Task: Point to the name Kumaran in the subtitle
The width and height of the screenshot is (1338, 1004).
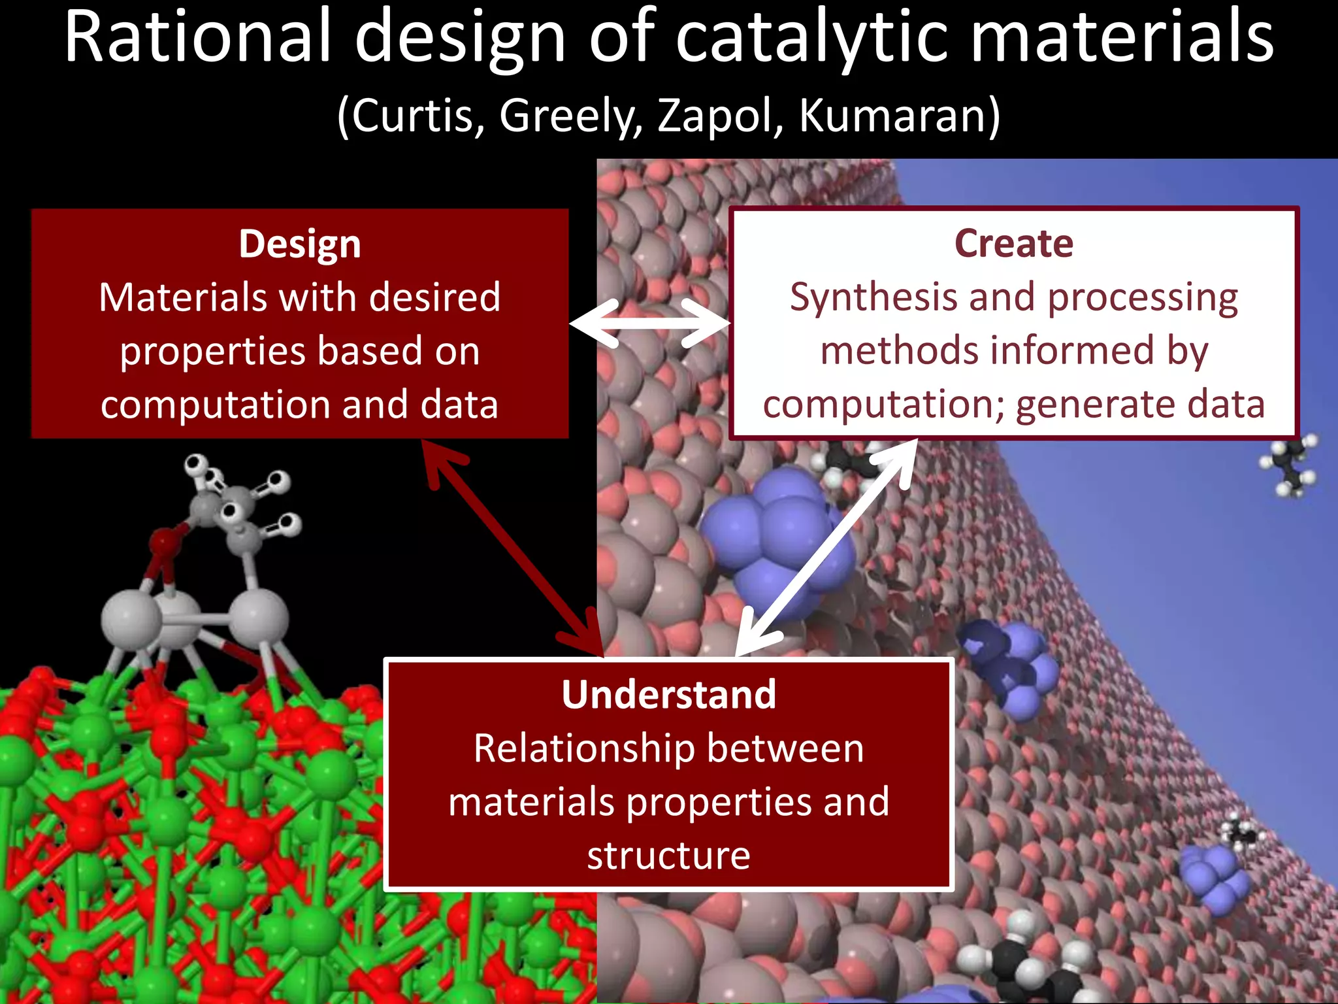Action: [898, 116]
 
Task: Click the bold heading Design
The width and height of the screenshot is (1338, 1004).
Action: [300, 244]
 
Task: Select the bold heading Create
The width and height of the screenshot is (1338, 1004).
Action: [1013, 244]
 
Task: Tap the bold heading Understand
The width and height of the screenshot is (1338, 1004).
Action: [669, 694]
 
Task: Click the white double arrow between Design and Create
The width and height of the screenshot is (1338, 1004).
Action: [649, 324]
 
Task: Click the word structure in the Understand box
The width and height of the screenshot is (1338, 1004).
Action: [668, 855]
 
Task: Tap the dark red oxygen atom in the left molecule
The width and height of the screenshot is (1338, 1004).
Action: [165, 542]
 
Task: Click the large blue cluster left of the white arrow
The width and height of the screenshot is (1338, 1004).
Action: [771, 536]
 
